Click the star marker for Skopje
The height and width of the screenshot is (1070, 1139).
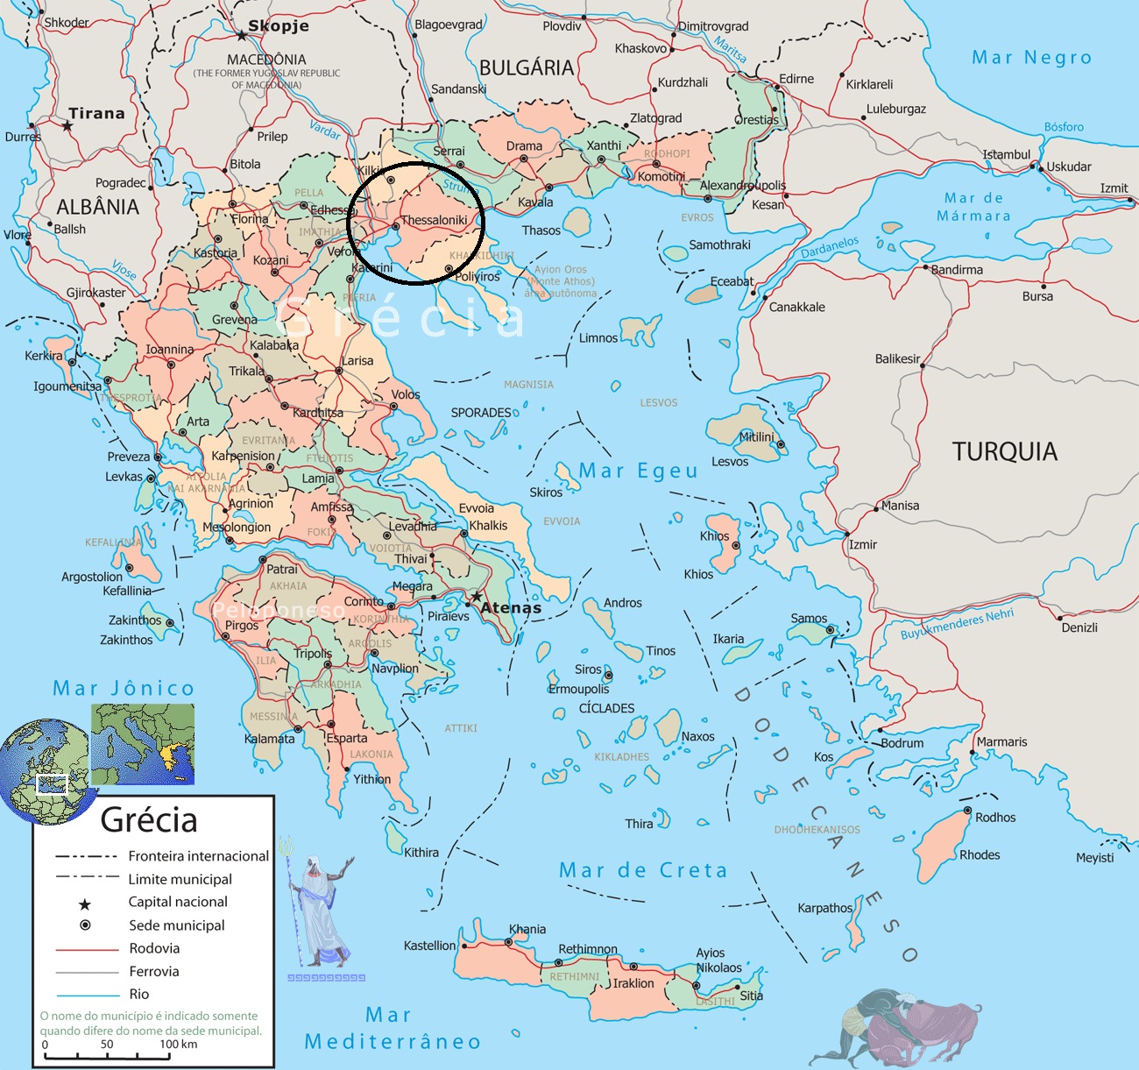(242, 36)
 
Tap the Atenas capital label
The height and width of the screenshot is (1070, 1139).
(511, 607)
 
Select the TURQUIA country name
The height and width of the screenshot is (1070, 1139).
(1004, 451)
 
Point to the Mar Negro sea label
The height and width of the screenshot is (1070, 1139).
(1031, 58)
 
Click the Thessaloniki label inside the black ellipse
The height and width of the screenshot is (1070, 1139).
(434, 220)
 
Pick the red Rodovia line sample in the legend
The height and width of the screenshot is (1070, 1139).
(87, 949)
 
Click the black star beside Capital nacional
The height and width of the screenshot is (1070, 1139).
(85, 904)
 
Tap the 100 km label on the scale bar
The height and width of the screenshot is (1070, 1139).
(178, 1044)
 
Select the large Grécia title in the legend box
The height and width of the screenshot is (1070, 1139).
(149, 820)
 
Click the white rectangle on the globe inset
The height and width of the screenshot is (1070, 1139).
(52, 784)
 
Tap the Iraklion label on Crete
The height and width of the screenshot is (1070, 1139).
(633, 983)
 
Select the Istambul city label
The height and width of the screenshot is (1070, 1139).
(1006, 155)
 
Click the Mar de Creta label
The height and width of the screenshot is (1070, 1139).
(643, 870)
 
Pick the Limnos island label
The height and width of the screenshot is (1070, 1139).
(598, 338)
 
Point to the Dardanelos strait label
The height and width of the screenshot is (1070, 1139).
(829, 247)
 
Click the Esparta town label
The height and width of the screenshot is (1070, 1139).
(347, 738)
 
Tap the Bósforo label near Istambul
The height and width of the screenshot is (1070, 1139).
(1064, 127)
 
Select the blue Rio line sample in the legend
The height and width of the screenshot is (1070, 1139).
(87, 996)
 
